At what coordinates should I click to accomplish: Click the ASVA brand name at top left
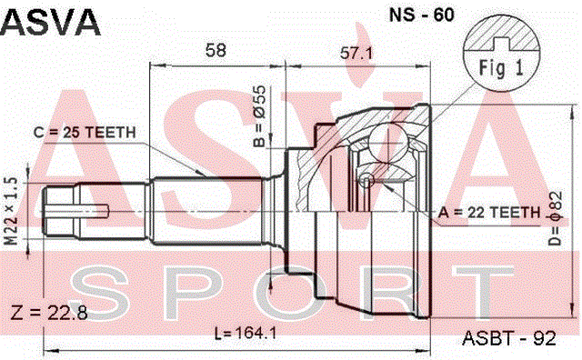(x=50, y=22)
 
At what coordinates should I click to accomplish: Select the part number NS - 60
(x=421, y=15)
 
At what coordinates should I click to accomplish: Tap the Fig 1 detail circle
(x=500, y=53)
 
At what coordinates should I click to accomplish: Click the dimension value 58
(x=216, y=50)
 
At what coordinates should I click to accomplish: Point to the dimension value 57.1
(x=356, y=54)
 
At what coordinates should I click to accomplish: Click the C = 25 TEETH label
(x=85, y=133)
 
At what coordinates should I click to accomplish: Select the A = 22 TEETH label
(x=489, y=213)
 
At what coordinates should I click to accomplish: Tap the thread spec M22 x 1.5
(x=12, y=211)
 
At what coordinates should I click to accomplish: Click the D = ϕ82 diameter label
(x=556, y=218)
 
